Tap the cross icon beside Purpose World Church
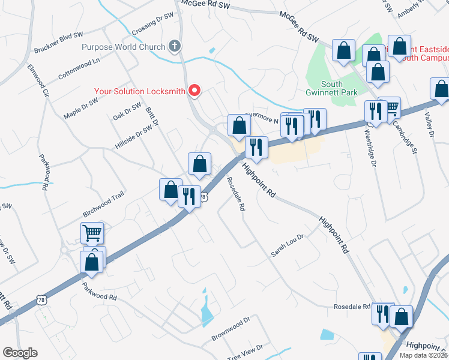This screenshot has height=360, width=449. (x=175, y=46)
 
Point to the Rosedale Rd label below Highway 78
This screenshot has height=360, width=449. (x=235, y=193)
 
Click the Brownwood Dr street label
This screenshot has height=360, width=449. (x=230, y=329)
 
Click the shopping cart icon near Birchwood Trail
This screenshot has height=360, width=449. (x=92, y=233)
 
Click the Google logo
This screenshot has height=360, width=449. (x=20, y=353)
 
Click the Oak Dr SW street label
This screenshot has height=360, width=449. (x=127, y=111)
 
